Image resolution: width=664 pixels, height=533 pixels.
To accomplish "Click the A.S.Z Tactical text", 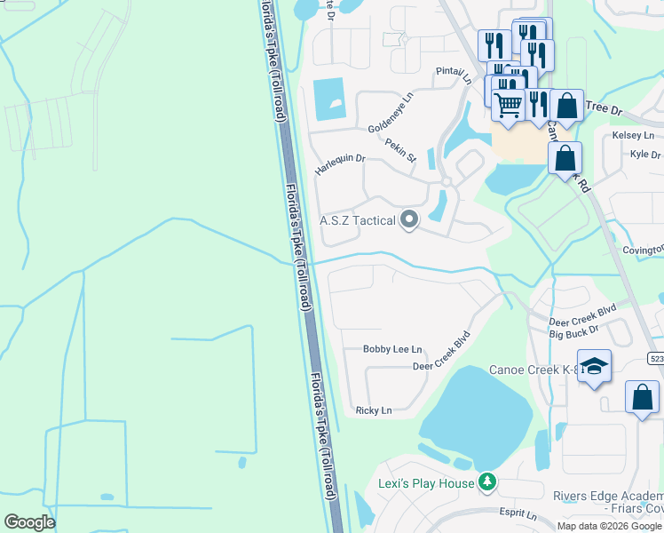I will point(357,220).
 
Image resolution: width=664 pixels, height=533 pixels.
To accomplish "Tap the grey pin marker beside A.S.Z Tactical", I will point(409,219).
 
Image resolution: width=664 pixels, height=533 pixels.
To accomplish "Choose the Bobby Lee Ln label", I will point(392,350).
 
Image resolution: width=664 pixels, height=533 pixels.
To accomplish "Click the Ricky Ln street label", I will point(373,410).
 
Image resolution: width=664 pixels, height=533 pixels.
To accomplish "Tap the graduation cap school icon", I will point(594,367).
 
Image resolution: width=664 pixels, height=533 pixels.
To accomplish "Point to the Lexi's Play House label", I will point(419,482).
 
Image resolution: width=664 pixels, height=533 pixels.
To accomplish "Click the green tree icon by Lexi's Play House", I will point(486,482).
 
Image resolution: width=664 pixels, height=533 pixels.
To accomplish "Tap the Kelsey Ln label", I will point(633,136).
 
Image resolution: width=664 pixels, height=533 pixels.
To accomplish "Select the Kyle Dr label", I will point(644,154).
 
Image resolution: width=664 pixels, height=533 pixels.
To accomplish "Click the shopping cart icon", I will point(508,105).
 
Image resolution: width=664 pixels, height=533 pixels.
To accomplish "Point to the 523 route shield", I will point(656,359).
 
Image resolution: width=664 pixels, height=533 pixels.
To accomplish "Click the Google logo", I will point(29,522).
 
